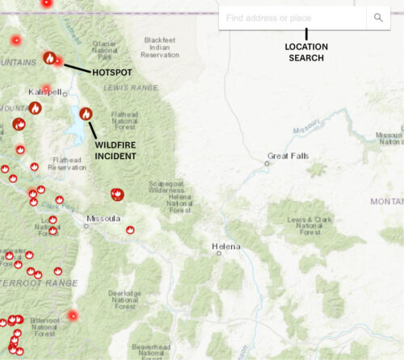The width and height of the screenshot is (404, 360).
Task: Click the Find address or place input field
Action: point(291,18)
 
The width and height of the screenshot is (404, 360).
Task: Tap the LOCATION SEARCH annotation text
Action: point(306,52)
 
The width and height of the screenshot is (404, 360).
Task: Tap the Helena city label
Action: point(225,245)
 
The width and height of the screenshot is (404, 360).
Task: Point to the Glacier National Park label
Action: point(105,50)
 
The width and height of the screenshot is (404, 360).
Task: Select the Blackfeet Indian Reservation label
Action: point(159,47)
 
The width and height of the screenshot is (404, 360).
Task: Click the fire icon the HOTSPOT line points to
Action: point(49,58)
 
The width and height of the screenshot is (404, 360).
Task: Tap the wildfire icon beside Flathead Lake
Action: point(86,114)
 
